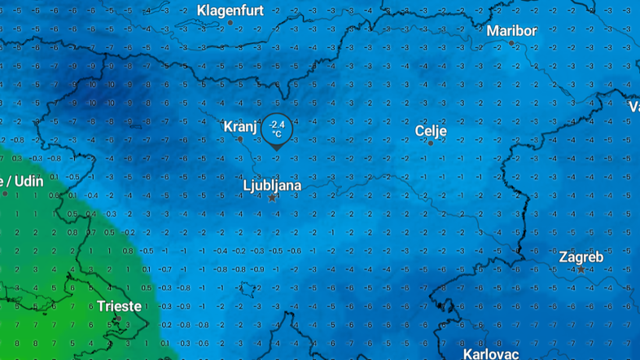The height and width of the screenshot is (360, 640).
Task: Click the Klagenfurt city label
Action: (229, 10)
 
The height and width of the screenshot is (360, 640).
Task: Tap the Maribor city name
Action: (511, 31)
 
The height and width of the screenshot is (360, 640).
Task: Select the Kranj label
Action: (240, 127)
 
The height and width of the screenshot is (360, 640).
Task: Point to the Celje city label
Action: (431, 130)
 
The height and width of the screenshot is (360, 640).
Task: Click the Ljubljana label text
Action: (272, 186)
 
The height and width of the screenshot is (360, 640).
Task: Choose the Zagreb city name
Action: (581, 257)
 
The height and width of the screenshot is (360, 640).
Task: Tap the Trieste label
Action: (119, 306)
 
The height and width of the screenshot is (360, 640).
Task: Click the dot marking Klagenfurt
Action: (230, 23)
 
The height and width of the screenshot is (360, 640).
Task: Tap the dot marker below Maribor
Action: (511, 43)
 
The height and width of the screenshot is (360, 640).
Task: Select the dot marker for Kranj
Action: (239, 139)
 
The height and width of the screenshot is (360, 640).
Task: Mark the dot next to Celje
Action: (431, 143)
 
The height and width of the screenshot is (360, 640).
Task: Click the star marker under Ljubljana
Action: (272, 198)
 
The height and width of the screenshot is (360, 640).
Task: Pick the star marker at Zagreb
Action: (581, 270)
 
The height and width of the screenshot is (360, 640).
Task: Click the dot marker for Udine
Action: (5, 193)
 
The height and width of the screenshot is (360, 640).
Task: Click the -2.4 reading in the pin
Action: (277, 124)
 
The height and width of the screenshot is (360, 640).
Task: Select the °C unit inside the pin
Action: (277, 133)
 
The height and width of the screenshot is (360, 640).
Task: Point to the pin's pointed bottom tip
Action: (277, 149)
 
